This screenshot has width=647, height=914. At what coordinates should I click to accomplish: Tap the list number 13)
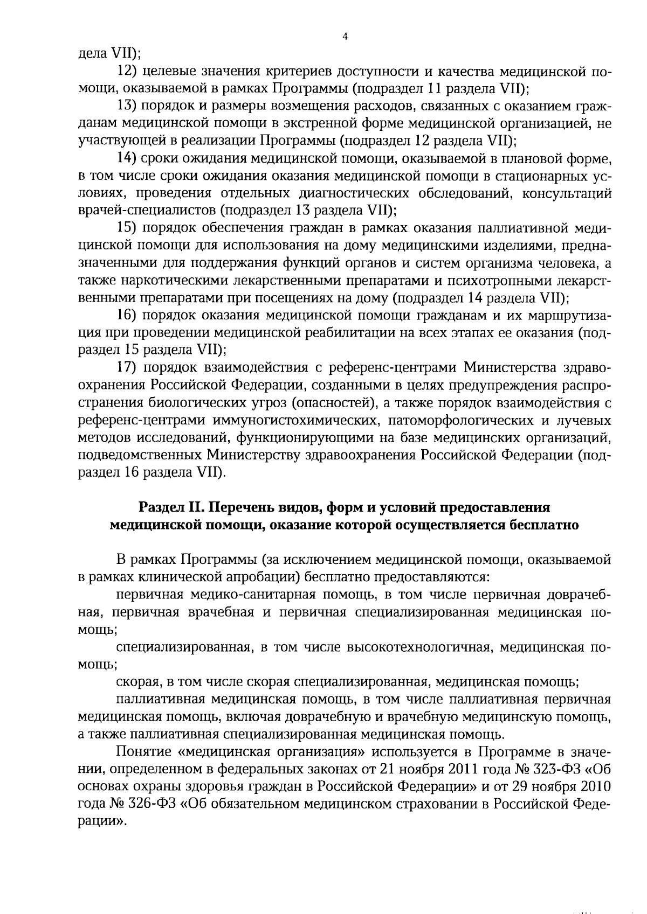[127, 107]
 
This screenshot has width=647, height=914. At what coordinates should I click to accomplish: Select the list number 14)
[127, 159]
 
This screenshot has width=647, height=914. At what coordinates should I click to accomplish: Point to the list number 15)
[127, 228]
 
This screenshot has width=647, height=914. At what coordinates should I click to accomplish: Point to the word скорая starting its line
[136, 682]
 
